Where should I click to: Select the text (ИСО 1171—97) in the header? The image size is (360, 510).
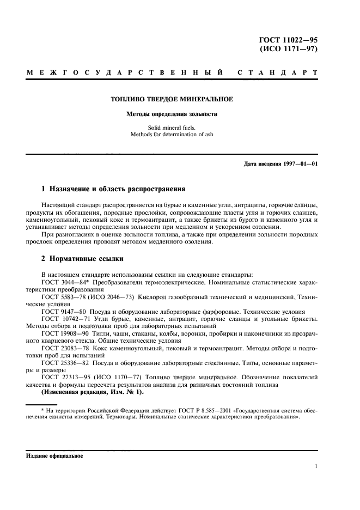coord(289,48)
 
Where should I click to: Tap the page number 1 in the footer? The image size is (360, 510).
coord(316,466)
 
